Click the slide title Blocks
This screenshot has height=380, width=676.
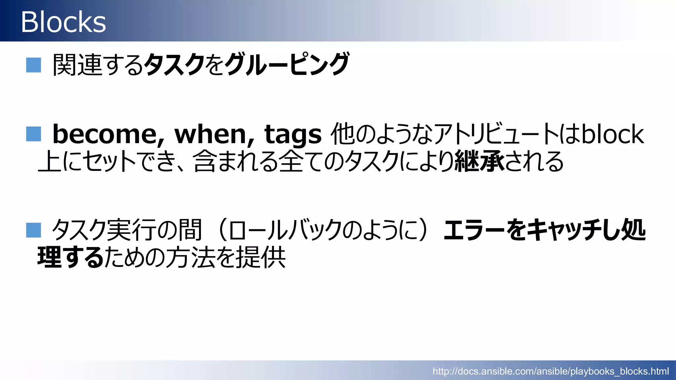click(63, 22)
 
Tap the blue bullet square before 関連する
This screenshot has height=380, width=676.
click(34, 65)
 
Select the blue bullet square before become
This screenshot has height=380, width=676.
click(34, 134)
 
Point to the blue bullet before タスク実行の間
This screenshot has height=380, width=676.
click(34, 230)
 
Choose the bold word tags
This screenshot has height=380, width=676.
click(293, 134)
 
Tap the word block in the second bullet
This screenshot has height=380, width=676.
click(613, 134)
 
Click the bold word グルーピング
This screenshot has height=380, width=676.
click(287, 64)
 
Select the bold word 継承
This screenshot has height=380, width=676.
click(479, 161)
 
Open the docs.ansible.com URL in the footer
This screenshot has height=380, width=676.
click(551, 371)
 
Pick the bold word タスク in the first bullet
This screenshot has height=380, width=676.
click(174, 64)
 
